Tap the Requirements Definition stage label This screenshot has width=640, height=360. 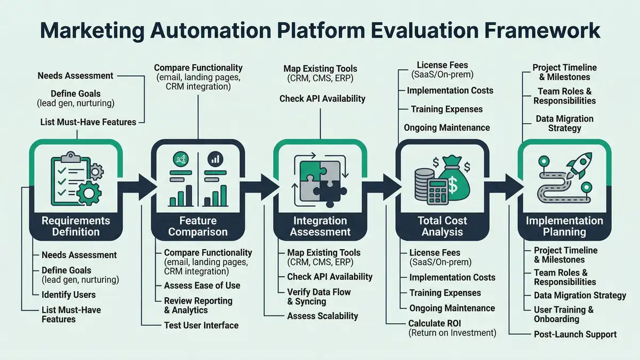(76, 226)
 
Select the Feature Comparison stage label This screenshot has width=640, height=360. (198, 226)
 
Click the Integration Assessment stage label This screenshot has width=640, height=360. (320, 226)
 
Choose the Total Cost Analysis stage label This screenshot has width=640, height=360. (442, 226)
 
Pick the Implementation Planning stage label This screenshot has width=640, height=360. (564, 226)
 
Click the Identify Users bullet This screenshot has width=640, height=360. (68, 294)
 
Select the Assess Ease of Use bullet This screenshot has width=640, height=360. (202, 285)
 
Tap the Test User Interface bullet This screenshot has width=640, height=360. (201, 325)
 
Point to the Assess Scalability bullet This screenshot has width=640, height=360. (322, 316)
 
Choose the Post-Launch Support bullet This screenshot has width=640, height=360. (575, 334)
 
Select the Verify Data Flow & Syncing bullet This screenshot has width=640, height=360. (318, 297)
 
